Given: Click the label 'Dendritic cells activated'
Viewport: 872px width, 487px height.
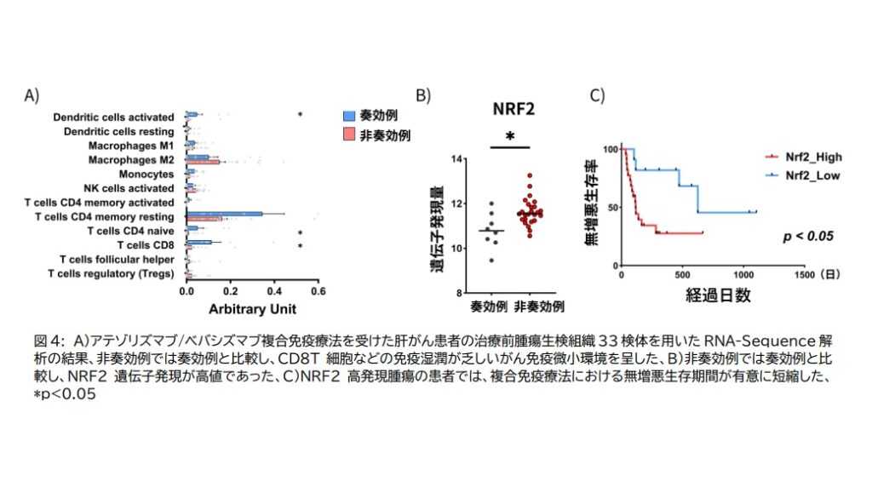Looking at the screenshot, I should (x=113, y=117).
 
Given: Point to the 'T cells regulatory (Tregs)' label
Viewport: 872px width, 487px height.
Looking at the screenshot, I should (x=111, y=273).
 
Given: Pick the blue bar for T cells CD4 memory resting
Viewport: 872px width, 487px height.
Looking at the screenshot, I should (x=223, y=214).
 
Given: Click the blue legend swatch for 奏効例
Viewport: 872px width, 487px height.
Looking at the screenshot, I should (x=347, y=115).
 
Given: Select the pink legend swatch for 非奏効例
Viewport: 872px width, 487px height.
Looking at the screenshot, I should (x=347, y=135).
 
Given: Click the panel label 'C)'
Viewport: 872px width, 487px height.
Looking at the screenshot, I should (x=598, y=95).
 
